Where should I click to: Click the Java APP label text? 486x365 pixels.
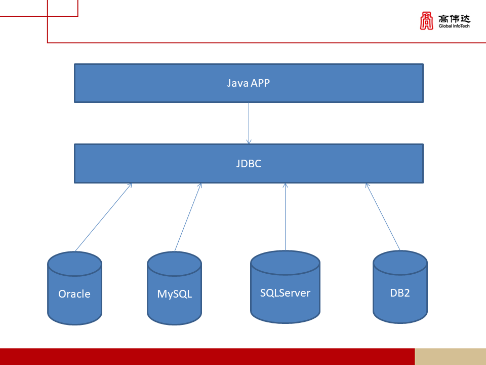pos(248,83)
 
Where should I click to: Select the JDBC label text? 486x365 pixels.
pos(248,164)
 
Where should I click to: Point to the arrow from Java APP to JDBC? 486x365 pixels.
pos(249,122)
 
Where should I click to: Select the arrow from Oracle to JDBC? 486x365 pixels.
pos(103,217)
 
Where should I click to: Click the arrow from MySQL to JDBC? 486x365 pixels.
pos(188,217)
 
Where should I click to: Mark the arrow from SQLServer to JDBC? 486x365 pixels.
pos(285,217)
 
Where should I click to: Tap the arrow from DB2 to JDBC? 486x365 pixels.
pos(383,217)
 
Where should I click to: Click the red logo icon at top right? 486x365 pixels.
pos(427,21)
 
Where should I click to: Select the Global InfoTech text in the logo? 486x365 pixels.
pos(454,26)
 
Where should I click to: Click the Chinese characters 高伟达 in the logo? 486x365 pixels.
pos(454,18)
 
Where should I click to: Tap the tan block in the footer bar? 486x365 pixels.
pos(450,356)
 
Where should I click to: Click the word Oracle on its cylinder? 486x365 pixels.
pos(74,294)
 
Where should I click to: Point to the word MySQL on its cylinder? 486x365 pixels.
pos(174,294)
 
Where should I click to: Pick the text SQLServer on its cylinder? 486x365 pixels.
pos(285,293)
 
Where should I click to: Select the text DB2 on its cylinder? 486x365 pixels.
pos(400,293)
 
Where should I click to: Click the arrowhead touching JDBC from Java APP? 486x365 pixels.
pos(249,141)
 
